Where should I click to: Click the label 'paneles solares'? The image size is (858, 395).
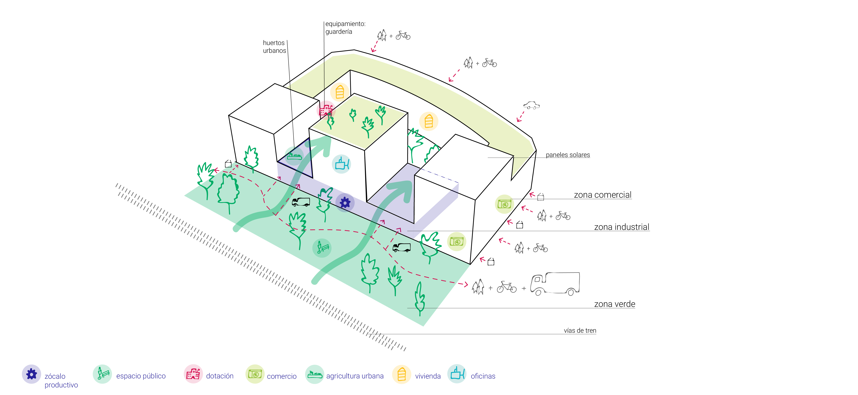(x=568, y=155)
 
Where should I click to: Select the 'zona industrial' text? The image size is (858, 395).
(x=622, y=227)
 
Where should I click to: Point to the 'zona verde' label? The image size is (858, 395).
(x=614, y=304)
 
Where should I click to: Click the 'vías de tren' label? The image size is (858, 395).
(x=580, y=330)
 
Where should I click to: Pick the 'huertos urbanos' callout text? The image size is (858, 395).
(x=274, y=47)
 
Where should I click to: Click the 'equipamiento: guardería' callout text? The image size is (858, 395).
(x=345, y=28)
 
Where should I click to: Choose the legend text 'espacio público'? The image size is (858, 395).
(x=141, y=376)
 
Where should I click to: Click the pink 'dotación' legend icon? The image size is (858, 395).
(x=193, y=374)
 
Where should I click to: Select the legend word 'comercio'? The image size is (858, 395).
(x=281, y=376)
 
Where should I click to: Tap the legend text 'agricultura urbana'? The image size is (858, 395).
(x=355, y=376)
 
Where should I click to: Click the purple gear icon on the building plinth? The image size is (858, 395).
(x=345, y=202)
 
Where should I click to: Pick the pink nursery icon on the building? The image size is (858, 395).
(x=326, y=110)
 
